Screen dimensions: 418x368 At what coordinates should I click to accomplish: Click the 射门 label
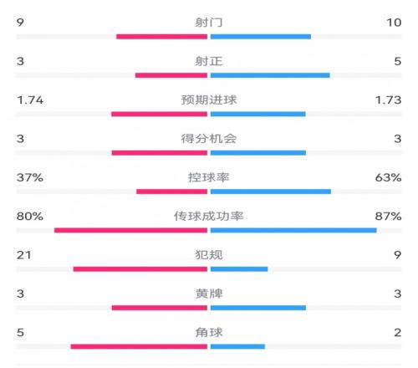tap(209, 23)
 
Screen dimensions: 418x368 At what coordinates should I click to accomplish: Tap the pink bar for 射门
tap(162, 37)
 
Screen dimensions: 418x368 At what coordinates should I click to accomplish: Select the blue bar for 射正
tap(270, 75)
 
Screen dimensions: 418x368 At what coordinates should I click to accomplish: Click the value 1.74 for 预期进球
tap(30, 100)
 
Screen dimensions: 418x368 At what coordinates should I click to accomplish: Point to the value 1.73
tap(388, 100)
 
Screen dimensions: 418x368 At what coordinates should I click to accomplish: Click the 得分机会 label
tap(209, 139)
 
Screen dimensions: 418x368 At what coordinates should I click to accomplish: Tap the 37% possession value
tap(30, 177)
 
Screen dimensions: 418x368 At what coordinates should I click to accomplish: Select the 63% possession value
tap(388, 177)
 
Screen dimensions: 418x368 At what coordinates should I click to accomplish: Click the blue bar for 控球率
tap(271, 192)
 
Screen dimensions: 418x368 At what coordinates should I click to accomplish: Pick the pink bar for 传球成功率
tap(131, 230)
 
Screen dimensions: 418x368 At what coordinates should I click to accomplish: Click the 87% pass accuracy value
tap(388, 216)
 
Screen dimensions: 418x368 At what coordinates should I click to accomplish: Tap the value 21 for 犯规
tap(23, 255)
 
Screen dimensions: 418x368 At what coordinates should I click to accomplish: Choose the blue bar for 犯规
tap(239, 269)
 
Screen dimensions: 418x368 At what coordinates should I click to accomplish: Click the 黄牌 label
tap(209, 294)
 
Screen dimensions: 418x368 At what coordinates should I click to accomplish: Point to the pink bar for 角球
tap(139, 346)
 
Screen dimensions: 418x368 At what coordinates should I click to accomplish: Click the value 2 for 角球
tap(398, 332)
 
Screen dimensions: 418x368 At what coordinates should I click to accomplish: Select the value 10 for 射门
tap(394, 23)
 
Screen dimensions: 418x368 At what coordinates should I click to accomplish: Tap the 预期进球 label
tap(209, 100)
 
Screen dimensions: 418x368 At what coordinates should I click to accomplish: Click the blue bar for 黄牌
tap(258, 308)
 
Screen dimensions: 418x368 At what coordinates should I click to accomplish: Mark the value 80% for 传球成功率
tap(30, 216)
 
